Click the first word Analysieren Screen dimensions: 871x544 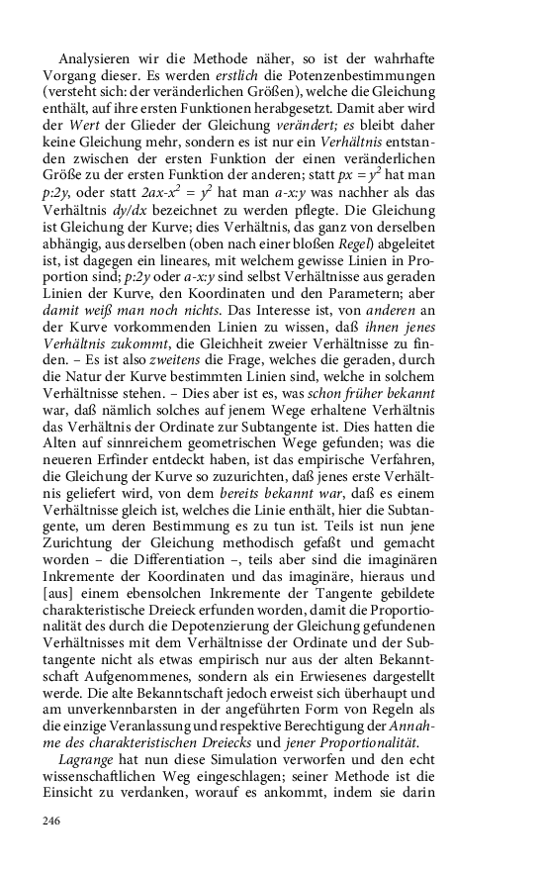[96, 58]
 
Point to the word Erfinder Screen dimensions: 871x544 [135, 461]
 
